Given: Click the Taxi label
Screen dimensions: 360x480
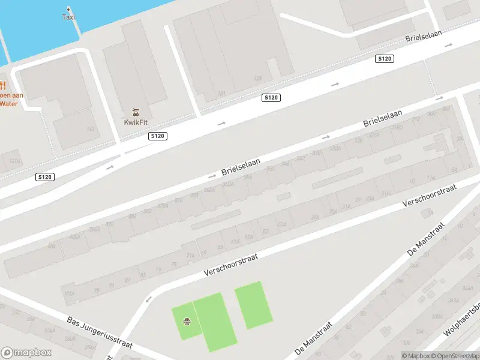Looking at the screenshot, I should (x=69, y=17).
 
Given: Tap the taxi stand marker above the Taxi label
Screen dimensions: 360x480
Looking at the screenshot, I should (x=68, y=9).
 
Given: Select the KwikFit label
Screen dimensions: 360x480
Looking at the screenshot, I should (x=136, y=122).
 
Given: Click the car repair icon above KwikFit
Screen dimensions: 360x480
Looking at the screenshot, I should (x=136, y=112).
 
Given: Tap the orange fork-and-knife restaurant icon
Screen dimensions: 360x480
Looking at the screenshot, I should (x=2, y=85).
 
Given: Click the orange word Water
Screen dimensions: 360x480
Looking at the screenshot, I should (x=8, y=104).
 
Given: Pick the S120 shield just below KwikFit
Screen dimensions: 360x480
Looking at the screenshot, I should (x=158, y=136).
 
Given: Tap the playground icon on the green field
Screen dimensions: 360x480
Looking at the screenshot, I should (x=187, y=322).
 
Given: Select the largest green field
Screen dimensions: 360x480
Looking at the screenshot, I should (x=214, y=322).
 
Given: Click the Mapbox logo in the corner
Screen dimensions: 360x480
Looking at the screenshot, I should (x=26, y=352).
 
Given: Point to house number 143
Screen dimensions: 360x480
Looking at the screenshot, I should (x=91, y=129).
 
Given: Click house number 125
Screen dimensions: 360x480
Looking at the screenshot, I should (x=257, y=78).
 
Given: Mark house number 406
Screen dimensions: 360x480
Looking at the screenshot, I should (x=52, y=246).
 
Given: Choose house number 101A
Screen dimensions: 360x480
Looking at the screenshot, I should (x=69, y=294).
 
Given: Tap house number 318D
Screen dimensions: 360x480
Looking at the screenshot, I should (x=397, y=127).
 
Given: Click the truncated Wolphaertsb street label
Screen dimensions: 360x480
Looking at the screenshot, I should (x=465, y=324).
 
